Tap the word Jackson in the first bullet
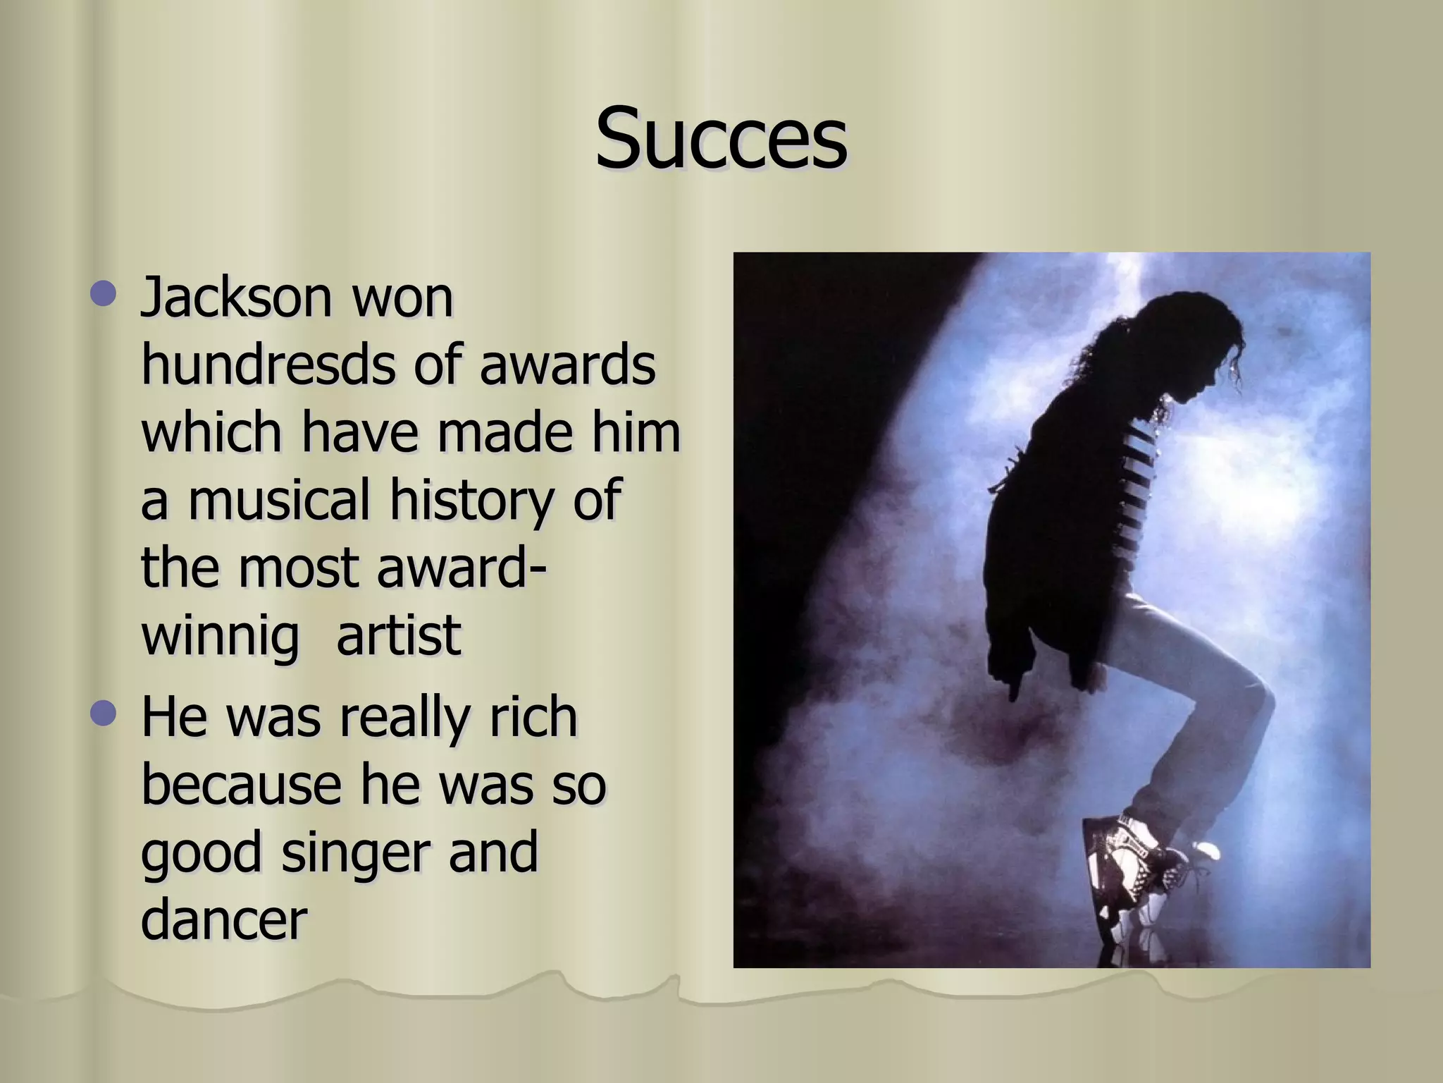pyautogui.click(x=236, y=298)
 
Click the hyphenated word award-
pyautogui.click(x=462, y=568)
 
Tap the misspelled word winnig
pyautogui.click(x=221, y=637)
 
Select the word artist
pyautogui.click(x=399, y=635)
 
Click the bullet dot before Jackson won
pyautogui.click(x=103, y=293)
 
